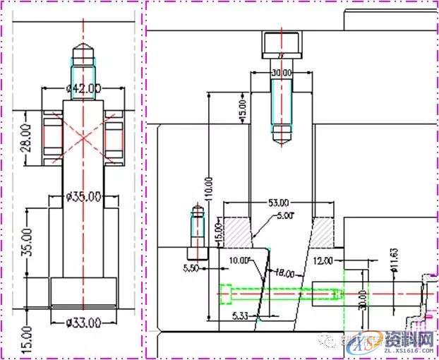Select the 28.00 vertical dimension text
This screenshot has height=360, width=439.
click(x=26, y=138)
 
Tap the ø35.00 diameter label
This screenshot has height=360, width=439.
click(x=83, y=196)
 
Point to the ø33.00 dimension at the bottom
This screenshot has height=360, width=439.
click(x=83, y=323)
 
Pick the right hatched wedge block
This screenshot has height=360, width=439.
click(x=324, y=230)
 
